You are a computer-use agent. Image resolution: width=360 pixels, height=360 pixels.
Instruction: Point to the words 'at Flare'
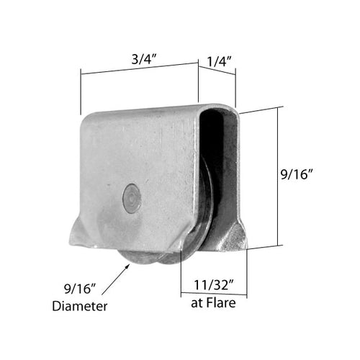[213, 302]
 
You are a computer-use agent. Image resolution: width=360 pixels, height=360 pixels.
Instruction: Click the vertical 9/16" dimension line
[277, 177]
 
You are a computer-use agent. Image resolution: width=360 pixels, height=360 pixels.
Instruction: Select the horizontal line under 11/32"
[213, 292]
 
